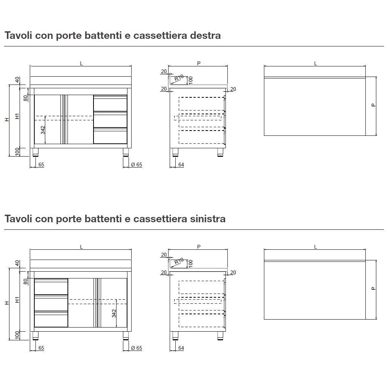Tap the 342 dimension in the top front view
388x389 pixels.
43,130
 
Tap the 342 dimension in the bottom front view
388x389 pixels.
114,313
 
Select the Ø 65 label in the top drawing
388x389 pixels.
136,165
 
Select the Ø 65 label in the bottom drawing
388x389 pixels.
136,348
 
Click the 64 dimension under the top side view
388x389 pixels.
181,165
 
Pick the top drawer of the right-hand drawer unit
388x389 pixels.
110,103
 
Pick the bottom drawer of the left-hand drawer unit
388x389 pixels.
51,319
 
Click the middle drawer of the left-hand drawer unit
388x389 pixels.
51,303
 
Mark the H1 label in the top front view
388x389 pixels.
17,117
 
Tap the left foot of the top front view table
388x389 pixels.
35,152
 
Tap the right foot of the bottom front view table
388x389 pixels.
126,335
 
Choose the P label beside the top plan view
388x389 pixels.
373,105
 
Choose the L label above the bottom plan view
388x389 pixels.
316,247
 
